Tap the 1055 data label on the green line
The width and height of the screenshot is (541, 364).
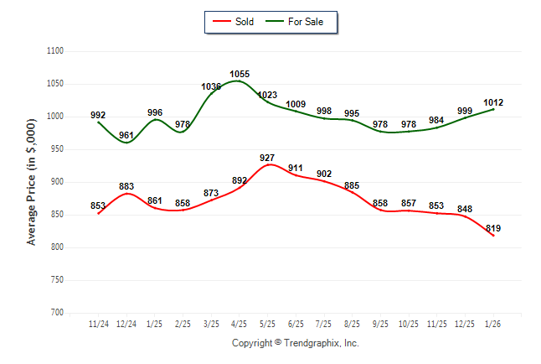pos(240,75)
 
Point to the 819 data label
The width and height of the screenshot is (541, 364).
pos(493,228)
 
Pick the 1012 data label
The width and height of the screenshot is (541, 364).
pos(493,103)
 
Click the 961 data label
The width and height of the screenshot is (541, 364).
pos(126,135)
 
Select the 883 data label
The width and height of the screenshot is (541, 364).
pos(126,186)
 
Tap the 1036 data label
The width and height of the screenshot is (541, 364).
pos(211,86)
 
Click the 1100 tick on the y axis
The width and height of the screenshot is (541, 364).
pos(55,51)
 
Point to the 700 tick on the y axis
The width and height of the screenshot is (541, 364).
pos(58,313)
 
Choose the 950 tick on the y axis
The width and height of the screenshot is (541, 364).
pos(58,149)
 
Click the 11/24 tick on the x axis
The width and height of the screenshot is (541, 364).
pos(98,324)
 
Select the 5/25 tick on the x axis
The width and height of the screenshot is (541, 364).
pos(267,324)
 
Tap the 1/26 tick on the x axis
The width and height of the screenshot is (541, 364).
pos(493,324)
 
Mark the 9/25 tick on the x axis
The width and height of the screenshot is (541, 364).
pos(380,324)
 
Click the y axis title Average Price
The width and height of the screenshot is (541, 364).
pos(32,182)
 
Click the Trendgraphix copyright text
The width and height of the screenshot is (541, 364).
pos(295,343)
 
